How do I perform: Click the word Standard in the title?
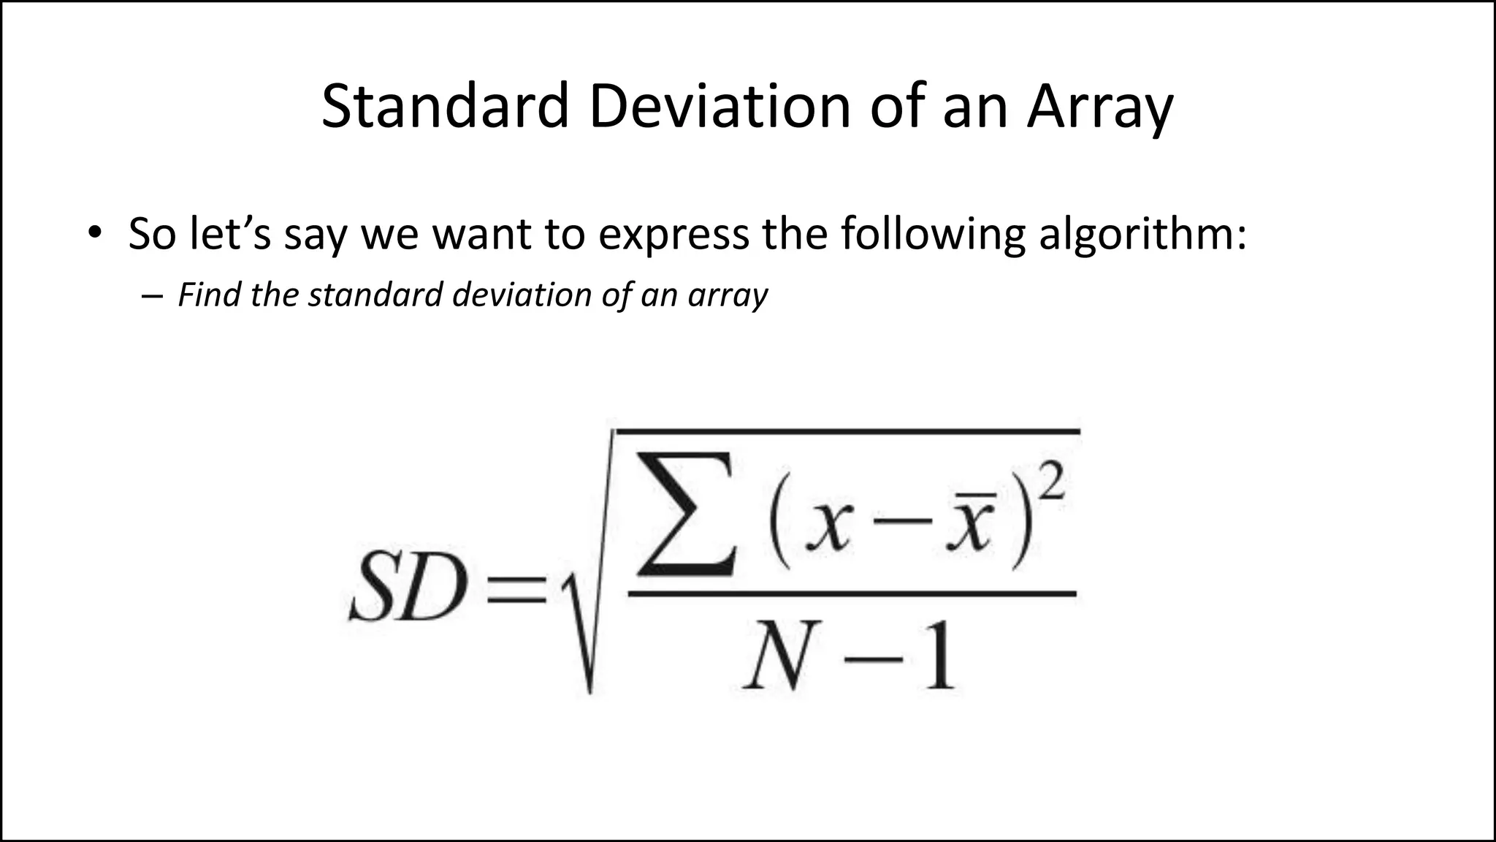[445, 107]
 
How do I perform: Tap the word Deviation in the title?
[720, 107]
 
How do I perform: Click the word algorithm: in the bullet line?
[1142, 235]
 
